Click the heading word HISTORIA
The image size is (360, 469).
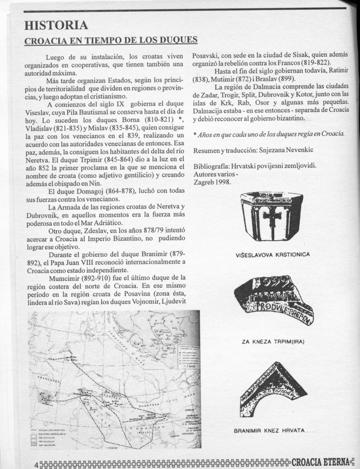(x=56, y=25)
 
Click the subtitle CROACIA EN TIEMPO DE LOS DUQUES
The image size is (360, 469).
(x=111, y=40)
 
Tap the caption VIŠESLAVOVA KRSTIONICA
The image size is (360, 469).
(x=272, y=254)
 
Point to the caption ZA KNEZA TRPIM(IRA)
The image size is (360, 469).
(x=273, y=342)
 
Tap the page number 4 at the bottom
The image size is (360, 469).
(x=36, y=464)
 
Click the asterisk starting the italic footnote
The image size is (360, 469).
(x=195, y=134)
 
